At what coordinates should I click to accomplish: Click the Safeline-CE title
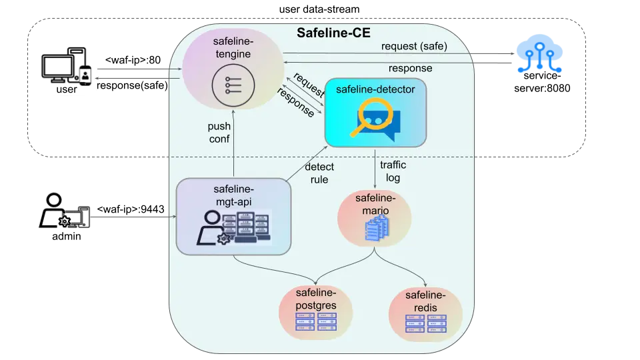coord(333,33)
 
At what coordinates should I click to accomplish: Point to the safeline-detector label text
coord(375,89)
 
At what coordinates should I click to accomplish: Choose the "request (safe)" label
coord(414,46)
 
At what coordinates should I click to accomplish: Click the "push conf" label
coord(219,132)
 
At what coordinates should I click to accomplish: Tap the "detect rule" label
coord(319,173)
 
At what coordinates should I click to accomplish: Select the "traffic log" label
coord(393,171)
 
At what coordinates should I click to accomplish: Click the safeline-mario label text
coord(375,205)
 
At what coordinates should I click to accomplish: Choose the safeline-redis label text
coord(425,301)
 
